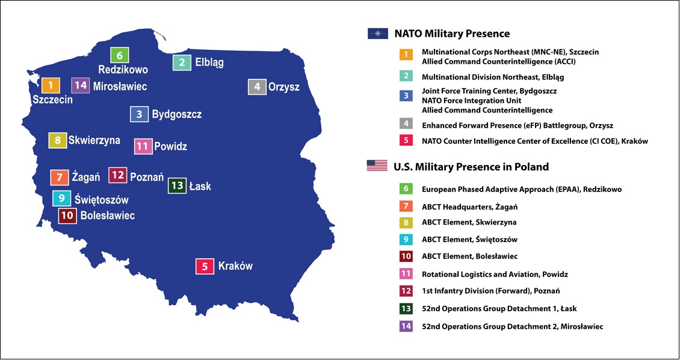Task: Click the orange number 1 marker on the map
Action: click(51, 85)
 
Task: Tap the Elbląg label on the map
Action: click(209, 63)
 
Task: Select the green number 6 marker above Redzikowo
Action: click(119, 55)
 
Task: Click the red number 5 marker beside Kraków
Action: click(205, 266)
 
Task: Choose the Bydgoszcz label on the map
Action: click(177, 114)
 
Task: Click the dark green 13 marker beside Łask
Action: click(177, 186)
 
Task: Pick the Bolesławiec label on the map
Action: click(108, 216)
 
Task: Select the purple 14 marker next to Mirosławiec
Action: click(80, 85)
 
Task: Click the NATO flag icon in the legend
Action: click(378, 33)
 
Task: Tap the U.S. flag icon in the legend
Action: click(377, 166)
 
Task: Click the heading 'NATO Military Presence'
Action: click(452, 33)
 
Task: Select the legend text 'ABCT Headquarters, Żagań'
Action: click(469, 207)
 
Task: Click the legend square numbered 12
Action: click(406, 291)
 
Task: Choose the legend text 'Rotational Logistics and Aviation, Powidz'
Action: click(495, 274)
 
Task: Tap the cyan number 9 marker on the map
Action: click(61, 198)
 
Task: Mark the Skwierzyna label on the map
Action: click(94, 140)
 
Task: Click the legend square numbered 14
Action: click(406, 326)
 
